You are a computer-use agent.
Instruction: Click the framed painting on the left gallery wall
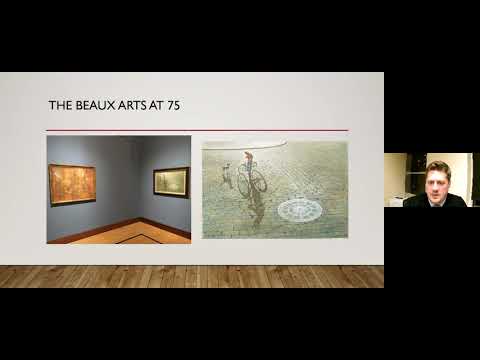click(x=72, y=184)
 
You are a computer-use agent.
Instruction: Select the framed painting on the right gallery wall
click(x=171, y=182)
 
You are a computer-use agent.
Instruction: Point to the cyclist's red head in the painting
click(x=248, y=156)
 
